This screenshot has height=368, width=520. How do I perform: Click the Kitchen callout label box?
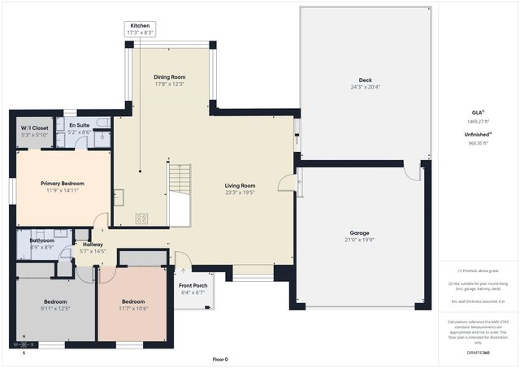(x=140, y=29)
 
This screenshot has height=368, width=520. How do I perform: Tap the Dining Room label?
(x=170, y=77)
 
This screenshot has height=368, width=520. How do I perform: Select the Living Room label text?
(x=240, y=186)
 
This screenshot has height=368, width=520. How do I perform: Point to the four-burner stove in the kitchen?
(x=141, y=218)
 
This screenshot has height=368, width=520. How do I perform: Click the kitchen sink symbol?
(x=119, y=196)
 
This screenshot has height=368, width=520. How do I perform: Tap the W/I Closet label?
(x=34, y=128)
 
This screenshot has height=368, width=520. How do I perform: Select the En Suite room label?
(x=79, y=126)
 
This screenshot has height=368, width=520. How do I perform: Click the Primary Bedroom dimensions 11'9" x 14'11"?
(x=63, y=190)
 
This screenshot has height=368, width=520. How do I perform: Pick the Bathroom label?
(x=41, y=240)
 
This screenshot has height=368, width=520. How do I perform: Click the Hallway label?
(x=93, y=245)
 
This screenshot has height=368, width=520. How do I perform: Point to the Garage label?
(x=359, y=233)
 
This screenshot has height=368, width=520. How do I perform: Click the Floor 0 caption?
(x=219, y=359)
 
